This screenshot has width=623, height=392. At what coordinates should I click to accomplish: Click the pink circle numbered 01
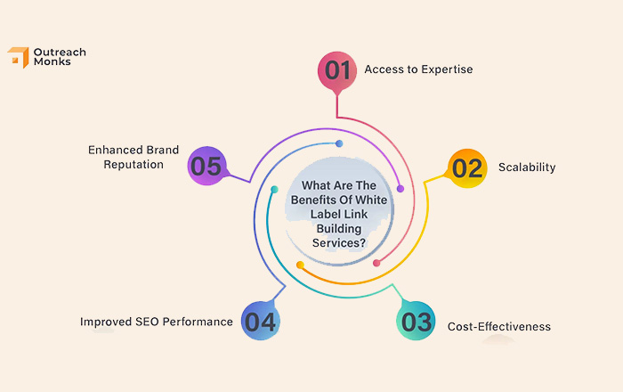[x=337, y=70]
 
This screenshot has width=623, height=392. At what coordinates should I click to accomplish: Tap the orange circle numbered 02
[x=467, y=168]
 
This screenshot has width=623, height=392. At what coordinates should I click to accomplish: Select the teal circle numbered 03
[x=416, y=321]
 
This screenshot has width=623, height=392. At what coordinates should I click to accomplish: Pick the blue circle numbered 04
[x=261, y=321]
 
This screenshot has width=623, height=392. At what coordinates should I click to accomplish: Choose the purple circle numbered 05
[x=206, y=166]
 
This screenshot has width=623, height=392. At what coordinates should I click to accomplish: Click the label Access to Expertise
[x=418, y=69]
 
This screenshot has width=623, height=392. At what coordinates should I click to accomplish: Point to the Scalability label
[x=527, y=167]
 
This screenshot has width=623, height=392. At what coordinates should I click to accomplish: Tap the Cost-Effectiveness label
[x=499, y=326]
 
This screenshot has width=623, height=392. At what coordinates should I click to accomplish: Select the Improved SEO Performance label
[x=157, y=322]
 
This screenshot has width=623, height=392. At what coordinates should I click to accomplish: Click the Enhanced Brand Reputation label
[x=133, y=157]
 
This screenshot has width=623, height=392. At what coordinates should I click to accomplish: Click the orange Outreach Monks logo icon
[x=19, y=57]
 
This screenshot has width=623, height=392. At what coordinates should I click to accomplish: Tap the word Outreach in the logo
[x=60, y=52]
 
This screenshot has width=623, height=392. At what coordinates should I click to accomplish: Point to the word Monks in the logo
[x=52, y=61]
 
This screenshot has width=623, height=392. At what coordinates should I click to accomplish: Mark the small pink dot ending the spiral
[x=376, y=263]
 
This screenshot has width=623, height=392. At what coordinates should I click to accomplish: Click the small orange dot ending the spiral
[x=301, y=265]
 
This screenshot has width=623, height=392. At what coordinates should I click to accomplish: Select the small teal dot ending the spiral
[x=274, y=190]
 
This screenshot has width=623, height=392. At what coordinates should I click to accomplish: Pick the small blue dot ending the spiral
[x=339, y=143]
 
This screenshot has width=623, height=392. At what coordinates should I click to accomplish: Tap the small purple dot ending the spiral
[x=400, y=189]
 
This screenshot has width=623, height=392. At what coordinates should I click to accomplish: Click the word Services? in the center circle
[x=339, y=243]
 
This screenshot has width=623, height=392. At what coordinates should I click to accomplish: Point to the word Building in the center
[x=339, y=229]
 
